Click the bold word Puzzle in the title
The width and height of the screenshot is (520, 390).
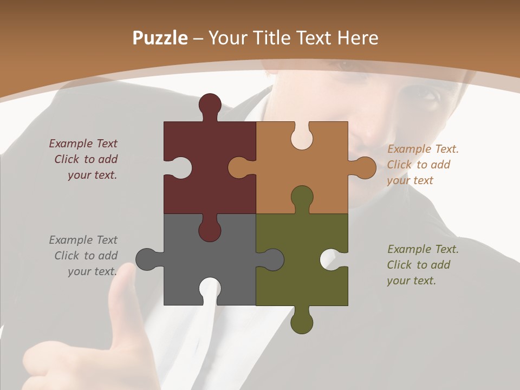(x=160, y=38)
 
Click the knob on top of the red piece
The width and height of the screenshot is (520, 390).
(x=210, y=105)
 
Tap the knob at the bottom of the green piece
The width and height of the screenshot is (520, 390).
(x=302, y=323)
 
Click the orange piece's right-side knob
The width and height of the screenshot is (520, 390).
(x=365, y=167)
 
